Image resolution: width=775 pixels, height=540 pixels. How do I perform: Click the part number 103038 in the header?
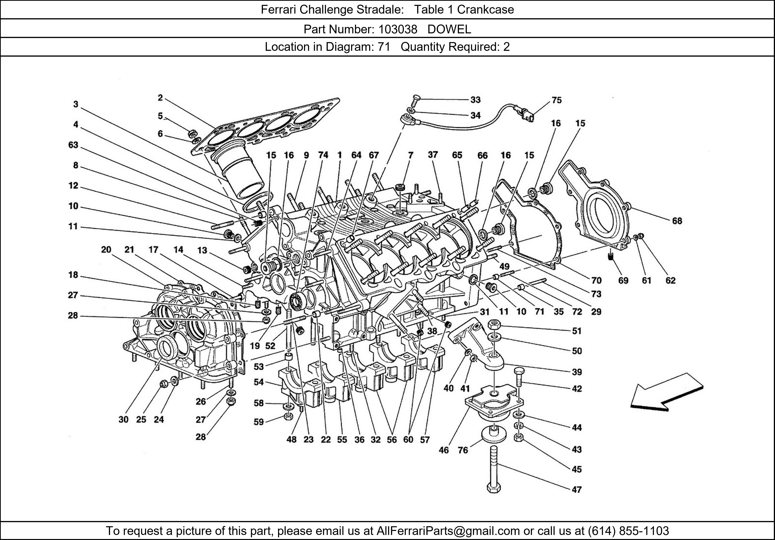(397, 29)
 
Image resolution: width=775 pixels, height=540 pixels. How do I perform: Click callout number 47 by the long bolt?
(577, 489)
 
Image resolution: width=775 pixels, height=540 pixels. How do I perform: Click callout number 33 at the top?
(475, 100)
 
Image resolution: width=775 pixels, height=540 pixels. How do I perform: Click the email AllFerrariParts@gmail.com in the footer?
(448, 531)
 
